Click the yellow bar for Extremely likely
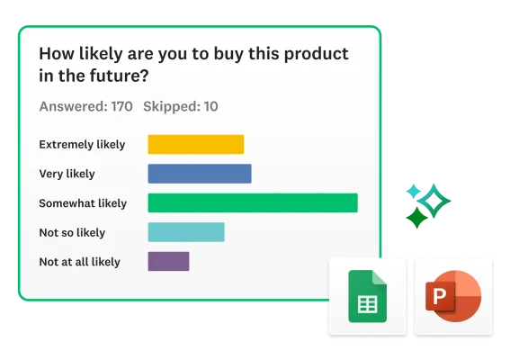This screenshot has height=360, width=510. coord(195,144)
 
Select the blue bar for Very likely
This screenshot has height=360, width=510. coord(199,174)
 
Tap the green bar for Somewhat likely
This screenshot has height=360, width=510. coord(252,203)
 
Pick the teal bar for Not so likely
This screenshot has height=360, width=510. coord(185,232)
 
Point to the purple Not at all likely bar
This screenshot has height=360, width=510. coord(168,262)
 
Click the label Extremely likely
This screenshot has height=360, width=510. coord(82,144)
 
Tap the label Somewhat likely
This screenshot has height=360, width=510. coord(83,203)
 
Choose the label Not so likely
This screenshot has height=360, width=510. coord(72,232)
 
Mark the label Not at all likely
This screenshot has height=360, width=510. coord(79,262)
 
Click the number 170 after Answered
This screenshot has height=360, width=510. coord(121,106)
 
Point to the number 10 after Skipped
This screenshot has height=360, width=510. coord(210,106)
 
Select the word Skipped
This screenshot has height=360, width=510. coord(170,106)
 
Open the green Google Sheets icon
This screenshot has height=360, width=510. coord(366,296)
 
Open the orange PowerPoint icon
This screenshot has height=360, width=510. coord(453,296)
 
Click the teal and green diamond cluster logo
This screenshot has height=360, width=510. coord(425,204)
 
